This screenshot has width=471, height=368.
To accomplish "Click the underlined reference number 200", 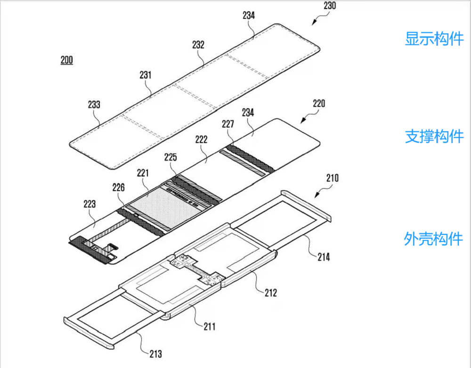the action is click(67, 60).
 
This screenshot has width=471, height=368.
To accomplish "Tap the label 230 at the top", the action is click(330, 6).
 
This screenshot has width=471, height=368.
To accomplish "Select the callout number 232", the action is click(198, 45).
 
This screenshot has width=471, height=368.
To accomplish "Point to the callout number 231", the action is click(146, 75).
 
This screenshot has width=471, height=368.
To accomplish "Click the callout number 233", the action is click(94, 104).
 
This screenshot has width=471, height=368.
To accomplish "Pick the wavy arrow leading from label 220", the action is click(309, 116).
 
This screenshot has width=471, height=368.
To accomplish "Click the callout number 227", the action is click(228, 124).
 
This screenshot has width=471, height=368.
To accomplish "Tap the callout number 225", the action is click(171, 157).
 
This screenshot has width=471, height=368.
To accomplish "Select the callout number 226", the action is click(118, 188).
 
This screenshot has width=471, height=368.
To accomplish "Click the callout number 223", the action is click(89, 204).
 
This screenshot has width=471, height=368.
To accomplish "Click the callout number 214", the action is click(324, 257).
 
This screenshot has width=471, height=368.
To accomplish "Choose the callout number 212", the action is click(271, 293).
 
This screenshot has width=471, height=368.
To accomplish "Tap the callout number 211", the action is click(210, 326).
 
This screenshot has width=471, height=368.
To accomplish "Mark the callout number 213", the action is click(155, 354).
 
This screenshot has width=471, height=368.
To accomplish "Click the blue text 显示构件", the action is click(434, 39).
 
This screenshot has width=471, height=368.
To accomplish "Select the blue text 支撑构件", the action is click(434, 136).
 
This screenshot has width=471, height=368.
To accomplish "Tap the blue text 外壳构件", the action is click(433, 239).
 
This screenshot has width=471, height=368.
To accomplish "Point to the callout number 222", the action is click(201, 140).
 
